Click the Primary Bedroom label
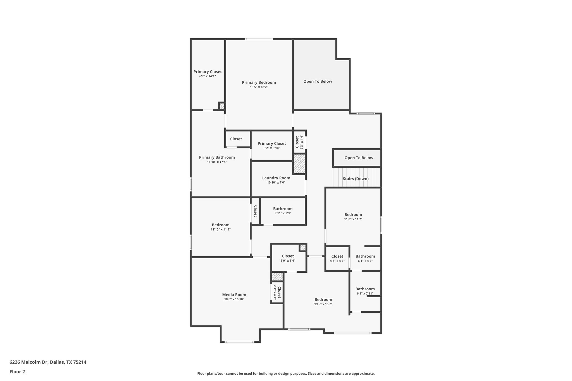click(259, 82)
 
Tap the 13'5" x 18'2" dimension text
click(259, 87)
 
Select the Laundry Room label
click(276, 178)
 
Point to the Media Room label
click(234, 295)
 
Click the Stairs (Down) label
click(356, 179)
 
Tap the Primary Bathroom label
click(217, 157)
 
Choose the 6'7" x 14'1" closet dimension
click(208, 76)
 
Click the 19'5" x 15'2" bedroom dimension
click(323, 304)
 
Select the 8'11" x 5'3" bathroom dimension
click(283, 213)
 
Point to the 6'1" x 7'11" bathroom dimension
click(365, 294)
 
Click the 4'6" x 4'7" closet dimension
click(337, 261)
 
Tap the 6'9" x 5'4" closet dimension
click(288, 261)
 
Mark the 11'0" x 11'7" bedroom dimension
click(353, 219)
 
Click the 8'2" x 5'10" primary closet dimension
click(271, 148)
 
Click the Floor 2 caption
click(17, 372)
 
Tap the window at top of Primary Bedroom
click(259, 39)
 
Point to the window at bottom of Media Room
click(240, 342)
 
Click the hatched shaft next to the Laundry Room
click(299, 164)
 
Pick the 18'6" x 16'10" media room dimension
click(234, 299)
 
